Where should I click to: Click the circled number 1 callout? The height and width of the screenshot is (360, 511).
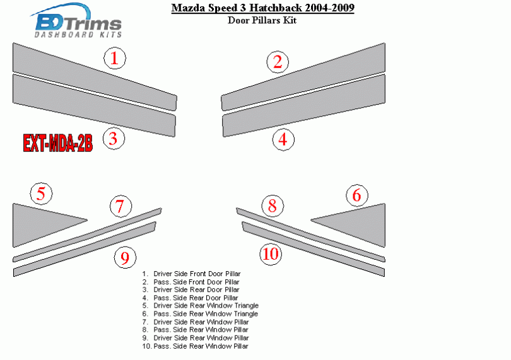click(115, 58)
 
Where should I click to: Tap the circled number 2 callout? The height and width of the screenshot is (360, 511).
click(278, 62)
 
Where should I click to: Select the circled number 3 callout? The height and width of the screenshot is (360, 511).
click(114, 139)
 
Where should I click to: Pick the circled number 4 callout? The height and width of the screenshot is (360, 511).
click(283, 139)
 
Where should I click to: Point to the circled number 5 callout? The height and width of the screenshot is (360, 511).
click(41, 193)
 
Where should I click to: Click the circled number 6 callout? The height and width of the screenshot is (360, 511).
click(357, 195)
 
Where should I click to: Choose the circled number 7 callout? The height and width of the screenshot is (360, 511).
click(120, 206)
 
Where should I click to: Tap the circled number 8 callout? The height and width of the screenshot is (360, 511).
click(273, 206)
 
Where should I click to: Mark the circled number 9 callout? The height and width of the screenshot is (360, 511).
click(125, 257)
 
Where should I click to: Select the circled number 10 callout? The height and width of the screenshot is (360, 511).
click(271, 254)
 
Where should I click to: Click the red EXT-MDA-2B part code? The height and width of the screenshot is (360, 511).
click(57, 143)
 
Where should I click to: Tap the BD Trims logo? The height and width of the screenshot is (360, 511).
click(76, 21)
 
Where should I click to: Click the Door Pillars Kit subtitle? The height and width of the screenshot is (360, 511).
click(262, 20)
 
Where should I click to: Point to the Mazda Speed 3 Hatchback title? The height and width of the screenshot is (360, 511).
click(262, 8)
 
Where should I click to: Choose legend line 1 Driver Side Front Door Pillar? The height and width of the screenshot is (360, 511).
click(192, 274)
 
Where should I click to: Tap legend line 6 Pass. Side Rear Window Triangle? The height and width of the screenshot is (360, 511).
click(200, 314)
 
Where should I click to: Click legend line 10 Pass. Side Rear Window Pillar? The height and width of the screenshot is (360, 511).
click(195, 346)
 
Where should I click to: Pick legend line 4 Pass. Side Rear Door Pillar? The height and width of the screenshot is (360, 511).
click(191, 298)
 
